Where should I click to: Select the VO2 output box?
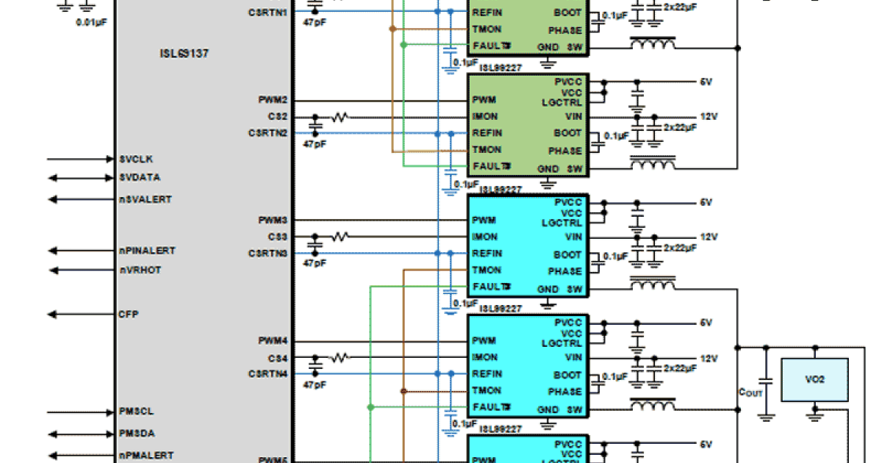(814, 379)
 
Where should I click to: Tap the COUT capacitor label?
(750, 392)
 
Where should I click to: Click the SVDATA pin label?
(139, 177)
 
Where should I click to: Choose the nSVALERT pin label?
(145, 199)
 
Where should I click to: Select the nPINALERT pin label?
(147, 251)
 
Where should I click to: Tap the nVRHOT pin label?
(140, 270)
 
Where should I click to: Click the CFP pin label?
(129, 314)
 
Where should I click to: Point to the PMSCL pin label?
(136, 411)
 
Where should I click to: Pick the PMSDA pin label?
(137, 433)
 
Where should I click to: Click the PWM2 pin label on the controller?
(273, 99)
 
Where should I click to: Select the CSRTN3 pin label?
(268, 253)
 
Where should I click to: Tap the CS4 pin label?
(278, 358)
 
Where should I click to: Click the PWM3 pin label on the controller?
(273, 220)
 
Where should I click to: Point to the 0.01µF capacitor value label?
(92, 22)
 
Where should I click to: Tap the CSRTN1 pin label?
(268, 12)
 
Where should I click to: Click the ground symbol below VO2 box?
(814, 416)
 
